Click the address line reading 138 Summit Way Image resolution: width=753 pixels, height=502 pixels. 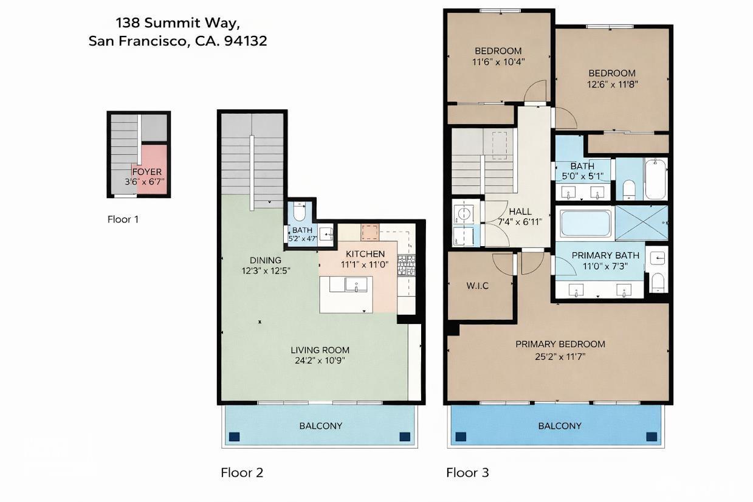pyautogui.click(x=178, y=23)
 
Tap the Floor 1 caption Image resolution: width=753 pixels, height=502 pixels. pyautogui.click(x=123, y=219)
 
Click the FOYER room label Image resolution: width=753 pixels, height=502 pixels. pyautogui.click(x=147, y=172)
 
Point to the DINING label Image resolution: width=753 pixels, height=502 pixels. pyautogui.click(x=265, y=260)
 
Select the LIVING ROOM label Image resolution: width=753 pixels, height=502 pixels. pyautogui.click(x=320, y=350)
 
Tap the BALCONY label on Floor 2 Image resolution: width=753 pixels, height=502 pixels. pyautogui.click(x=320, y=426)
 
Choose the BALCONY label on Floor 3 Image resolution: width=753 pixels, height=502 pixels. pyautogui.click(x=559, y=426)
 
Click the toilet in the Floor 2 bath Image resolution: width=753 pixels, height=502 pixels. pyautogui.click(x=299, y=212)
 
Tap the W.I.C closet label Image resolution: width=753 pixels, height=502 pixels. pyautogui.click(x=478, y=286)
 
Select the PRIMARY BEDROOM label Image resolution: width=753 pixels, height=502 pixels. pyautogui.click(x=560, y=344)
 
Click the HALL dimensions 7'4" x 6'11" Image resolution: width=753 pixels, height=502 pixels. pyautogui.click(x=520, y=222)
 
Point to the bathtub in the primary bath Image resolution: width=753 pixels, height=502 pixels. pyautogui.click(x=585, y=223)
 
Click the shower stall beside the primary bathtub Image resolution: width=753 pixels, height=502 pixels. pyautogui.click(x=641, y=223)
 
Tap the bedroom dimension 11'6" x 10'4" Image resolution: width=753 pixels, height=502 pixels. pyautogui.click(x=498, y=61)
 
